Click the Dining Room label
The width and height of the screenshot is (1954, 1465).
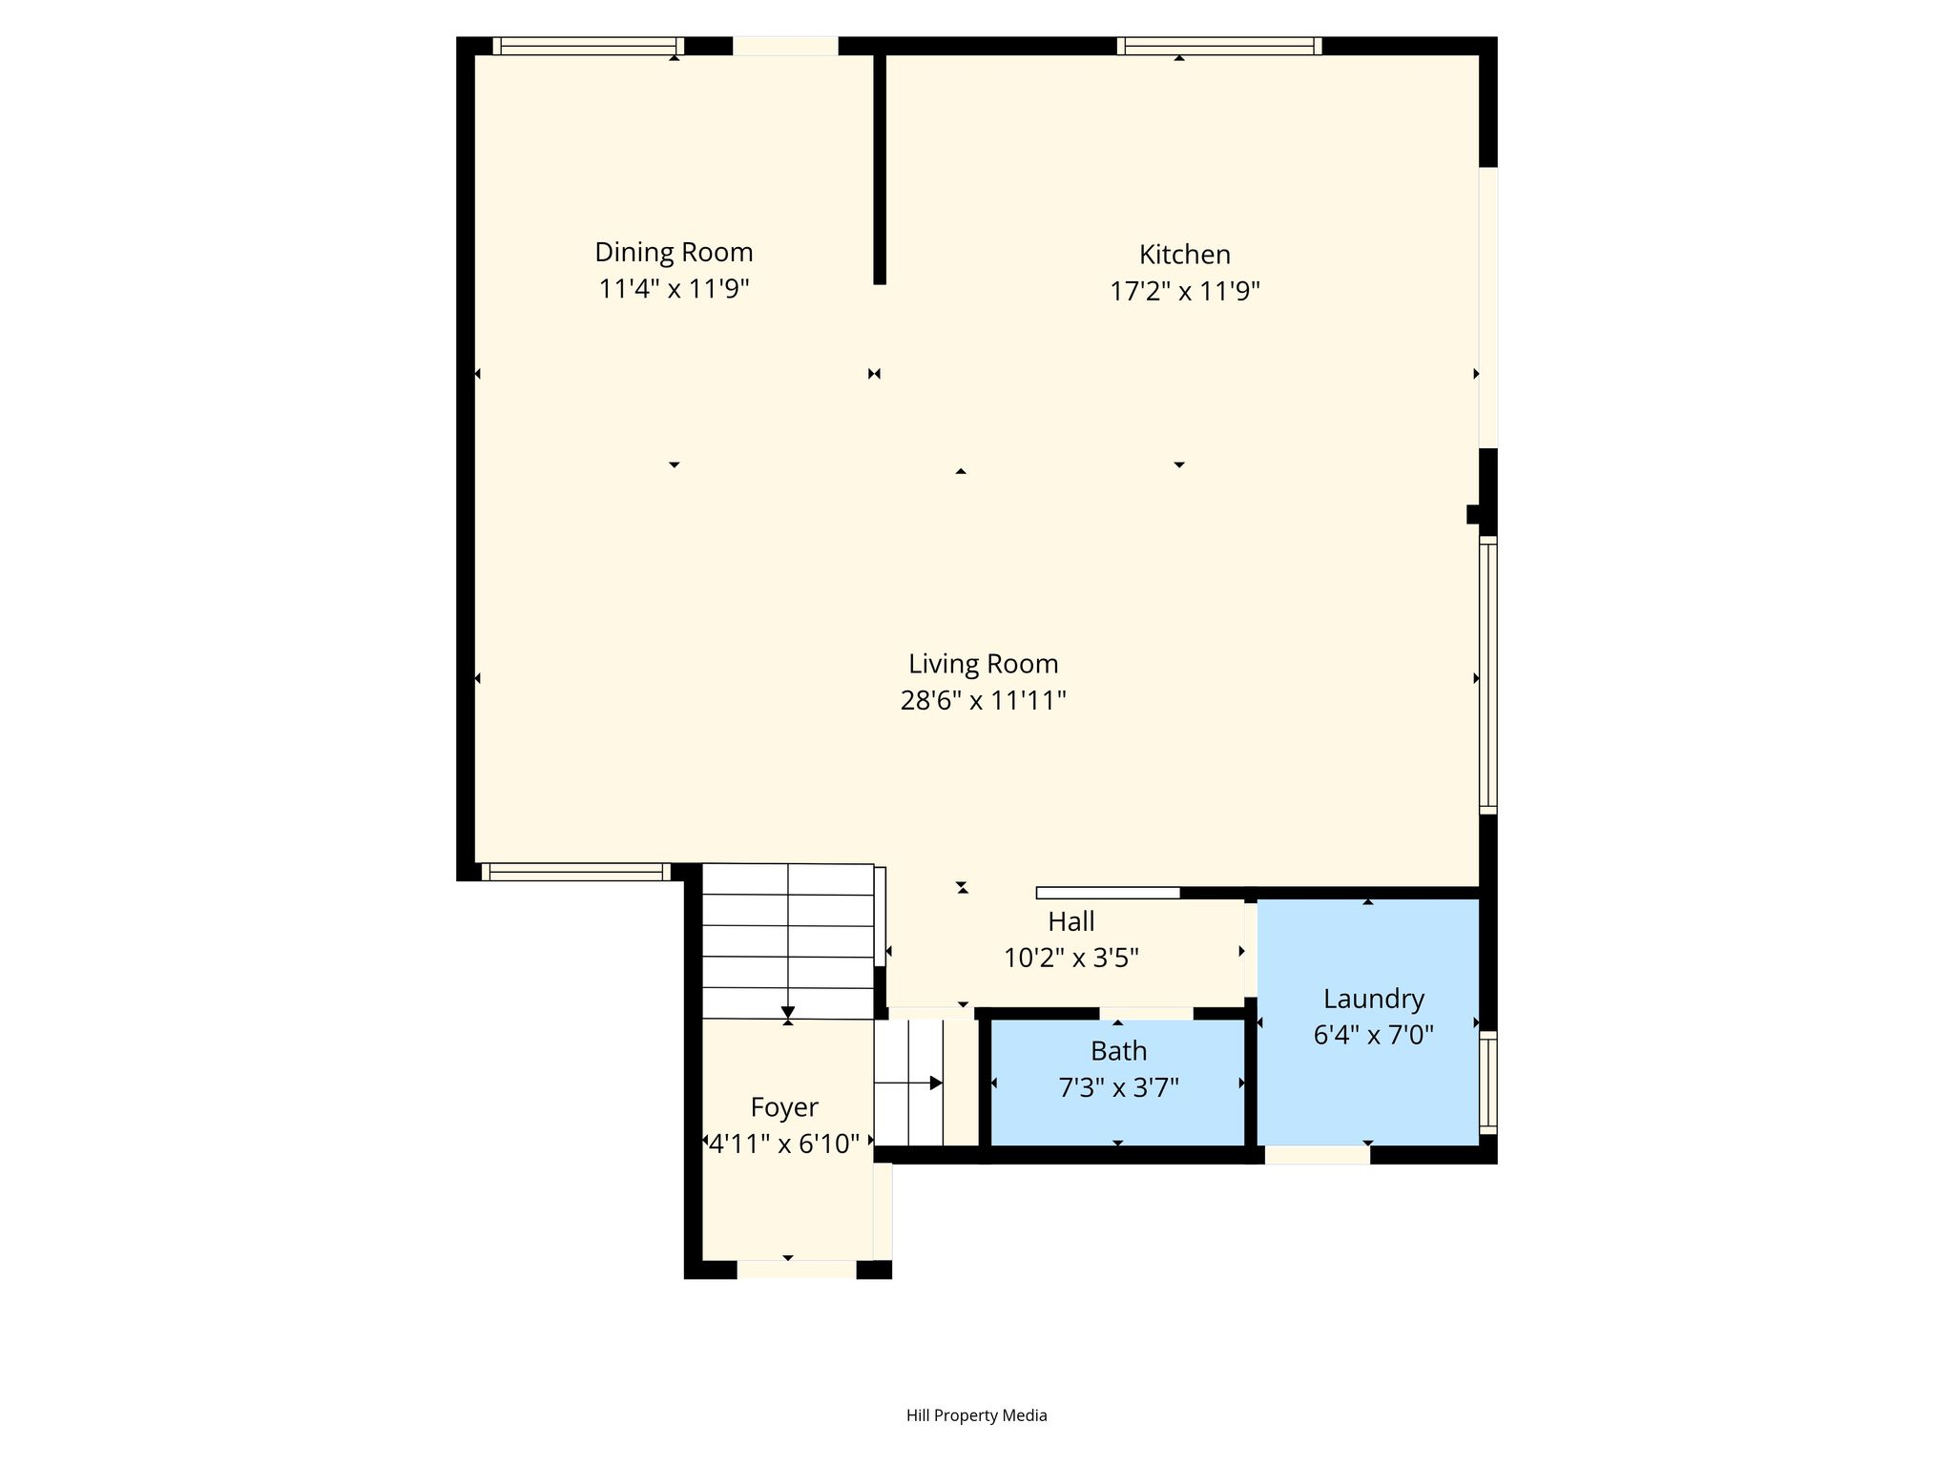pos(674,252)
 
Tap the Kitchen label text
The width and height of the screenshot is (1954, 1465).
pos(1185,255)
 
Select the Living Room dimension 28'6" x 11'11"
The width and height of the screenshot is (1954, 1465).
pos(983,701)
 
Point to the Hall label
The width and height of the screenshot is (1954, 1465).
pos(1071,921)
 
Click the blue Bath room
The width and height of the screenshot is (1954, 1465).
pos(1118,1083)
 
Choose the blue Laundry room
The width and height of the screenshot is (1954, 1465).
pos(1368,1021)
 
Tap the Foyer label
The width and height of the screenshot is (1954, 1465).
pos(784,1107)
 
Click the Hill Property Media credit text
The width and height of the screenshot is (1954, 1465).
pos(977,1415)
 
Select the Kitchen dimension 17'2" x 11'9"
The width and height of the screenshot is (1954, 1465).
pos(1185,291)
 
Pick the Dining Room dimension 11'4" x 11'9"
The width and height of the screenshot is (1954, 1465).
pos(674,288)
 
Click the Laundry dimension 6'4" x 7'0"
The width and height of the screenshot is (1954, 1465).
pos(1374,1035)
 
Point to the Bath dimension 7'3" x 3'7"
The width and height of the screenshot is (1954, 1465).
pos(1119,1087)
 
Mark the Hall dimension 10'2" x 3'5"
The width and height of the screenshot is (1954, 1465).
pos(1071,958)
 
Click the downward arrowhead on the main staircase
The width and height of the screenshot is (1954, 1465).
pos(788,1013)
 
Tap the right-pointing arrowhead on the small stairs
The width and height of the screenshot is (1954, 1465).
pos(936,1083)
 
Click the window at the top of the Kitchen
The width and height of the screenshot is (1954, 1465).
pos(1219,45)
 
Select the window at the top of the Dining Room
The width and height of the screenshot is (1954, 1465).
pos(589,45)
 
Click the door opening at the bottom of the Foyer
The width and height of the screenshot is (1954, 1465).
pos(797,1269)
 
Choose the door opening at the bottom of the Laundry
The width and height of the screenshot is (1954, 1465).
pos(1318,1155)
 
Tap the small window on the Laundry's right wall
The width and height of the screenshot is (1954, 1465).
pos(1488,1083)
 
